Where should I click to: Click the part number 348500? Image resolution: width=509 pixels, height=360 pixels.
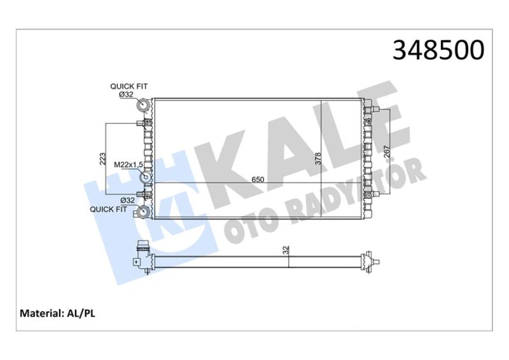coord(439,51)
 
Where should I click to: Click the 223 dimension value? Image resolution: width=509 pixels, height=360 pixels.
coord(103,159)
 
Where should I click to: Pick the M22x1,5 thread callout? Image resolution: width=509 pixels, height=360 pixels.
coord(129,164)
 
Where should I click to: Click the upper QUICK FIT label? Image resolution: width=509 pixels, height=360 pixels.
coord(128,86)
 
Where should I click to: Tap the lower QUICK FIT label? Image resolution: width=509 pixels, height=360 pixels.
coord(108,209)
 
